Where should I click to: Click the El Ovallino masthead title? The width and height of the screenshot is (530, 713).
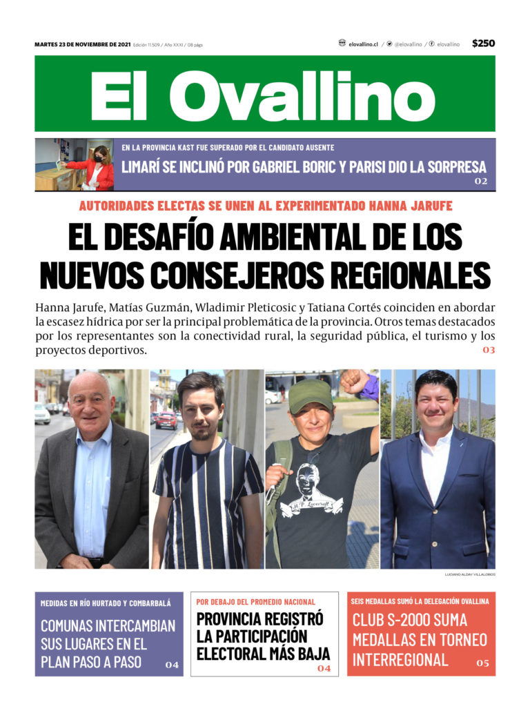(264, 94)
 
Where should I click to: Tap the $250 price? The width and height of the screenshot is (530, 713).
(483, 43)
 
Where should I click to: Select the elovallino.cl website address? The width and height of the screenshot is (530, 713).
(363, 44)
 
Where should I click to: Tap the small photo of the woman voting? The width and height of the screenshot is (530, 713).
(75, 165)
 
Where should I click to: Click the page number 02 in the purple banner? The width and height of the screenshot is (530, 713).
(480, 182)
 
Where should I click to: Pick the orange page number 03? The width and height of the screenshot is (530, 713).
(489, 351)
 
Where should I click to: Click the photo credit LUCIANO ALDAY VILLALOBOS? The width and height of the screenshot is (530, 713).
(470, 574)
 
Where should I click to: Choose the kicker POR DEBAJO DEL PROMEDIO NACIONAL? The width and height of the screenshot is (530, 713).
(256, 602)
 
